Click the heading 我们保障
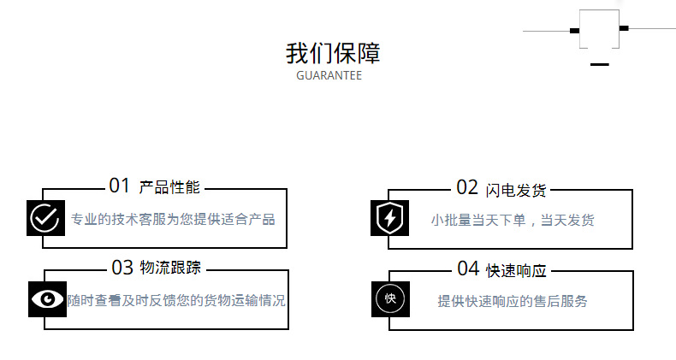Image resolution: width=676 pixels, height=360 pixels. [333, 53]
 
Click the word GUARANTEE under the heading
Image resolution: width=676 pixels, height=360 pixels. [329, 75]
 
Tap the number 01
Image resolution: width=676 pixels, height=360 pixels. [120, 186]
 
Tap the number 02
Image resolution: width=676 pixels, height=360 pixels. [467, 187]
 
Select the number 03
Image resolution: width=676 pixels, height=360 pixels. [122, 268]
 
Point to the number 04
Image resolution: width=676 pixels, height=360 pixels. [468, 269]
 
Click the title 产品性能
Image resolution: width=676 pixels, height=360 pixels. [169, 187]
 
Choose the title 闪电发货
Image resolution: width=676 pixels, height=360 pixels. [515, 189]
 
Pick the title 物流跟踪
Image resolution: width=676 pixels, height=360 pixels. [170, 268]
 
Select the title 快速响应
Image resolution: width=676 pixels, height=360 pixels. [516, 270]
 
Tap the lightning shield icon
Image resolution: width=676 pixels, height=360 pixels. [389, 218]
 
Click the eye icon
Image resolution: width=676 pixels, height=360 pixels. [47, 298]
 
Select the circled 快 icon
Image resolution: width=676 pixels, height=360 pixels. [390, 298]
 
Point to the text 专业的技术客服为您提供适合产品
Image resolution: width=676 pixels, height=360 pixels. [173, 219]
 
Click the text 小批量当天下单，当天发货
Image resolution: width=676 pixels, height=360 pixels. [512, 220]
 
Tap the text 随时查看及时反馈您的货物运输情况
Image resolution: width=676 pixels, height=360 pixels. [176, 301]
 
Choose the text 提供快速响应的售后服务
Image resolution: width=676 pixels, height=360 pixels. [513, 301]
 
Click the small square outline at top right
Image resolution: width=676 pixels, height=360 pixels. [599, 29]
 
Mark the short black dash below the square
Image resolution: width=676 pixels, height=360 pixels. [599, 64]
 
